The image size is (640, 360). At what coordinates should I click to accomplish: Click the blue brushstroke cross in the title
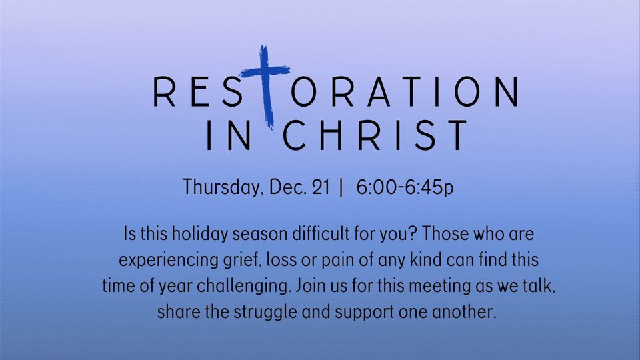tap(267, 87)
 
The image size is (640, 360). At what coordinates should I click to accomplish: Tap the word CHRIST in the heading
tap(376, 136)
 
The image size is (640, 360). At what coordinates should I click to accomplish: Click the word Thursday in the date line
tap(222, 187)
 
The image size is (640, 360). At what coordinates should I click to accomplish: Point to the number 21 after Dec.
tap(321, 187)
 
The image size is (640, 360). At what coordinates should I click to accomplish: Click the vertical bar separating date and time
tap(342, 187)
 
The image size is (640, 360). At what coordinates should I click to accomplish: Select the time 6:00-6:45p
tap(405, 187)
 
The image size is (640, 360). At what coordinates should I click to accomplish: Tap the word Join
tap(310, 286)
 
